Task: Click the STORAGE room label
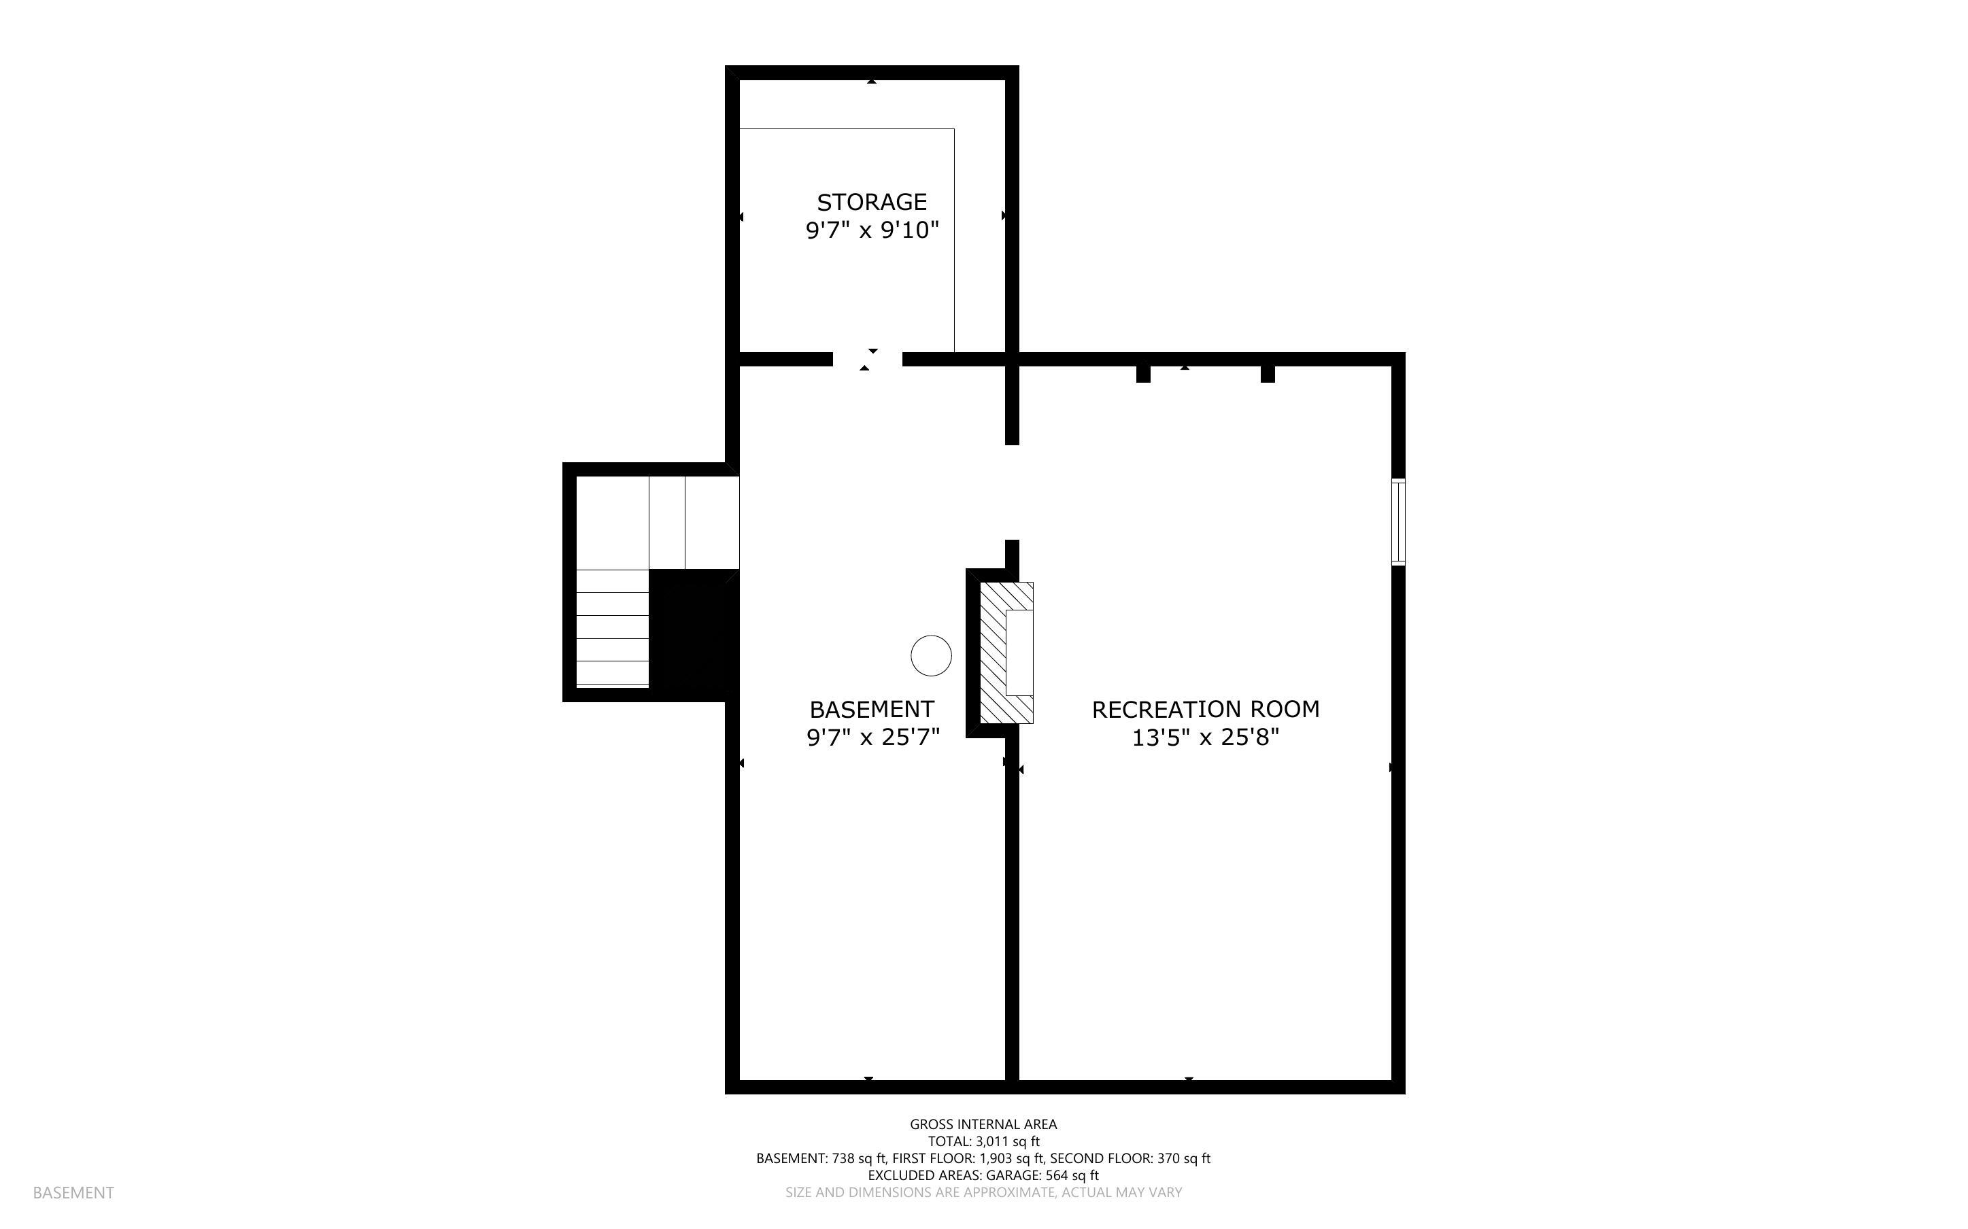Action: click(x=871, y=202)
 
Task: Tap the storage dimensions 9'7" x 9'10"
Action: click(x=871, y=230)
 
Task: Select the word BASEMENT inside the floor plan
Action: click(x=871, y=709)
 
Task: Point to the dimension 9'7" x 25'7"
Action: click(x=872, y=738)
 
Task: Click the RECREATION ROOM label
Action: click(x=1205, y=709)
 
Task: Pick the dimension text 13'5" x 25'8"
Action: click(x=1205, y=738)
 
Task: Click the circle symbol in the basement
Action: click(x=931, y=655)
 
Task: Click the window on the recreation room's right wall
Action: click(x=1397, y=522)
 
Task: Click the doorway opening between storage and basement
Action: click(x=867, y=360)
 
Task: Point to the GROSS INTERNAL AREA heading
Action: click(x=983, y=1124)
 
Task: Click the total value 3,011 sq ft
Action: click(x=1007, y=1141)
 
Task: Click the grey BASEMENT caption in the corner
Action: click(x=73, y=1192)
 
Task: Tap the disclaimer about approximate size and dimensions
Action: click(x=983, y=1192)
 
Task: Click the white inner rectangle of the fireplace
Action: click(x=1019, y=652)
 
